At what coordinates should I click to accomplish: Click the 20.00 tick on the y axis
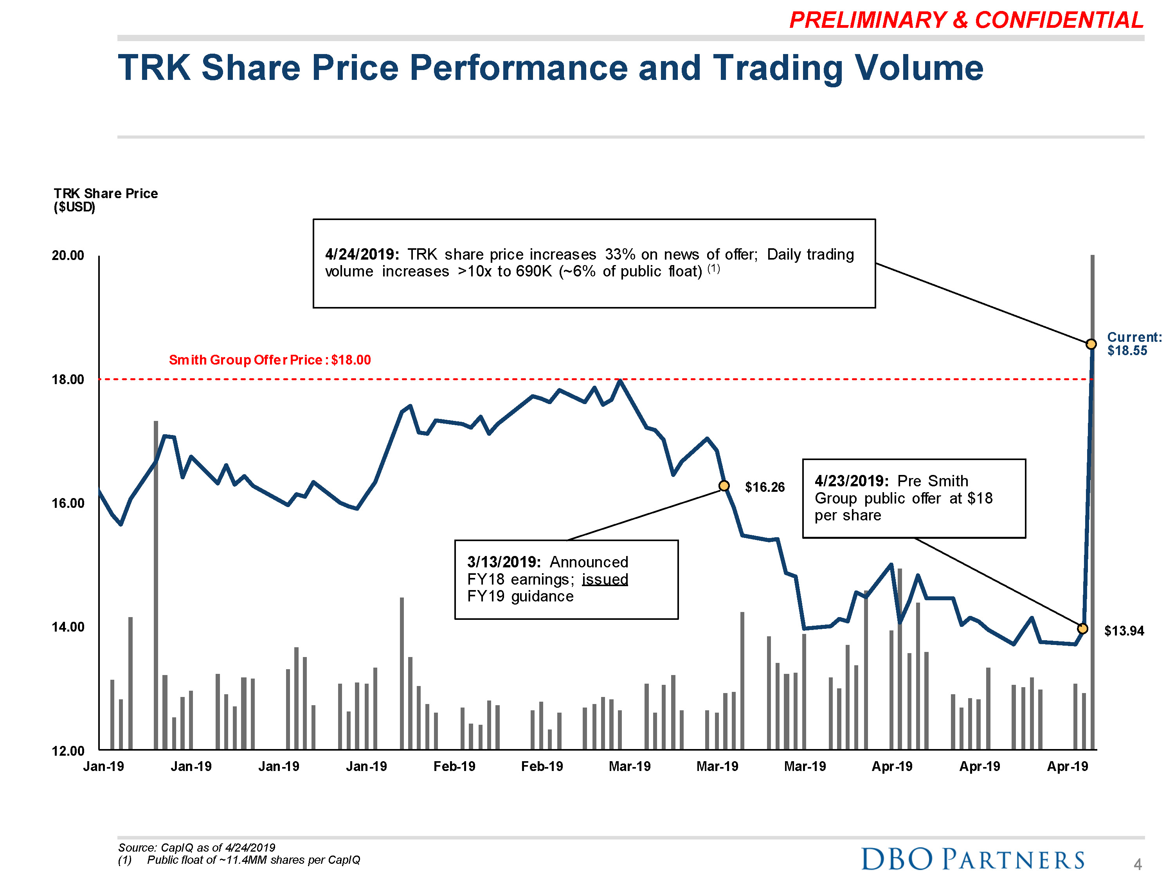click(x=68, y=255)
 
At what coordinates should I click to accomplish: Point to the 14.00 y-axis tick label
click(x=68, y=627)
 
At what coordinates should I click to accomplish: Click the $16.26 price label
click(x=764, y=487)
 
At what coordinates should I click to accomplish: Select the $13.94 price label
click(x=1124, y=631)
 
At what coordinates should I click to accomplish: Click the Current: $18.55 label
click(x=1134, y=343)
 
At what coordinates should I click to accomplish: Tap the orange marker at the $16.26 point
click(x=724, y=486)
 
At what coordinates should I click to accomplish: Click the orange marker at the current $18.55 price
click(x=1091, y=344)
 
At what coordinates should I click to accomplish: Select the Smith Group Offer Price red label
click(x=270, y=360)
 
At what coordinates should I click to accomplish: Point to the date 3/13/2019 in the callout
click(x=504, y=562)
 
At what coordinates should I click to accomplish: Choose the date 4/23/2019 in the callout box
click(x=851, y=481)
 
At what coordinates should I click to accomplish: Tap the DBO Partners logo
click(x=972, y=858)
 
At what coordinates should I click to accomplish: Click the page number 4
click(x=1137, y=865)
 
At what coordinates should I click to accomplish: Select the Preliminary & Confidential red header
click(x=966, y=20)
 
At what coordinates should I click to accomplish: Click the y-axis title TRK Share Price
click(x=106, y=193)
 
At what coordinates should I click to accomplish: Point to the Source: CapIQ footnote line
click(x=196, y=848)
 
